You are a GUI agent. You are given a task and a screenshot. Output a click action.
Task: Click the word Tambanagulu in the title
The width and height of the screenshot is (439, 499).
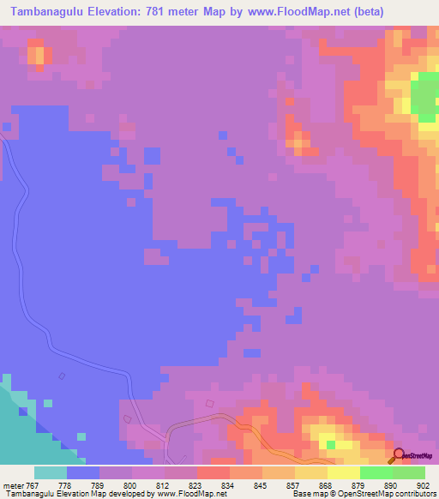tap(51, 12)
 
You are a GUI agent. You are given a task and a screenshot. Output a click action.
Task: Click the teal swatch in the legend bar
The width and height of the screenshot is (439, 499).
tap(50, 472)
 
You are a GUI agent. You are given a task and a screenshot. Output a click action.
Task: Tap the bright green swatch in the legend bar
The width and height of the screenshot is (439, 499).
tap(376, 472)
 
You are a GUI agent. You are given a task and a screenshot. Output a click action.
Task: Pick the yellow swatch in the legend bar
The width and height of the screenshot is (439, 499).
tap(343, 472)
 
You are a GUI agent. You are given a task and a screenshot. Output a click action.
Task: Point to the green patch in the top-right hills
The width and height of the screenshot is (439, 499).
tap(424, 96)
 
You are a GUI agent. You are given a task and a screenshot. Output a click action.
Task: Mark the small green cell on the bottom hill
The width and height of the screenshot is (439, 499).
tap(331, 444)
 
